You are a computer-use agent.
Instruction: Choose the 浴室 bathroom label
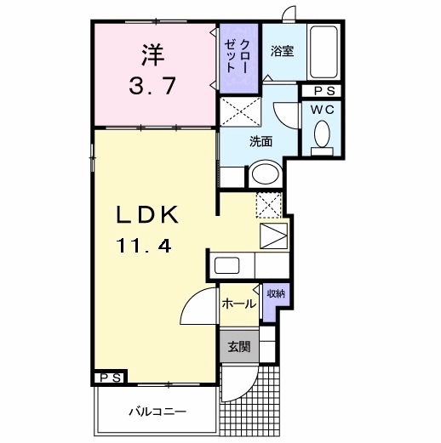[x=283, y=50]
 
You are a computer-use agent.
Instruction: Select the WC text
[x=322, y=110]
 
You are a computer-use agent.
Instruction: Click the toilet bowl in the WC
[x=322, y=133]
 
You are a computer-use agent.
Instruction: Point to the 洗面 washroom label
[x=260, y=141]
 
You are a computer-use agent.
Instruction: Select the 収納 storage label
[x=275, y=293]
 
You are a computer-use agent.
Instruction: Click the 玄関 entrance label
[x=238, y=346]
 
